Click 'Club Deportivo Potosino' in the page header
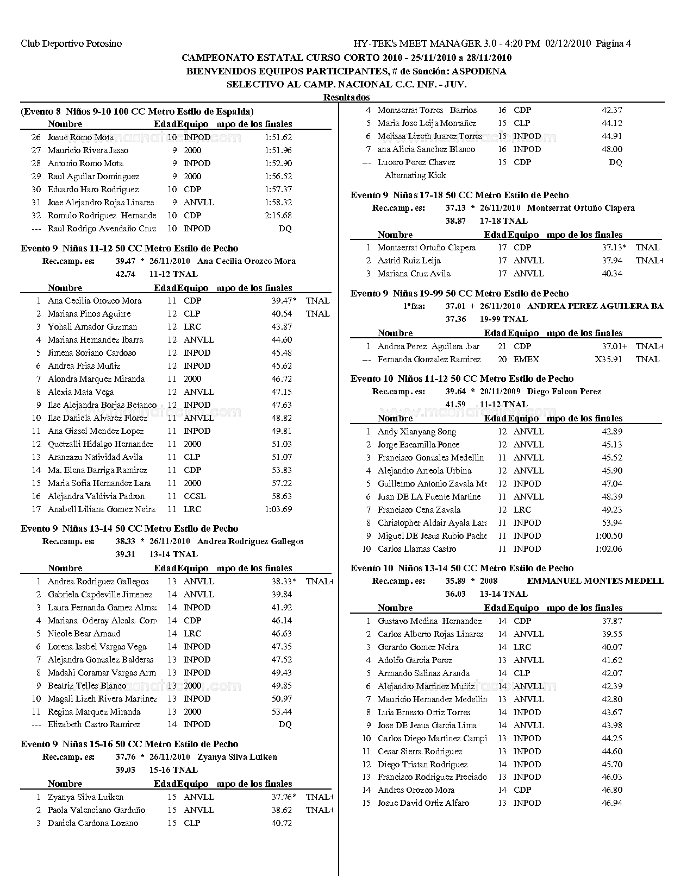(71, 43)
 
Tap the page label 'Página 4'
(614, 43)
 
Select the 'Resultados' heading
(346, 97)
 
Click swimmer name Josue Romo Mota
(80, 137)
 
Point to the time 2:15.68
(278, 216)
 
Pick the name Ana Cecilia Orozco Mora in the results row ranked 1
(95, 301)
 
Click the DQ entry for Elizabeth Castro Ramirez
(285, 724)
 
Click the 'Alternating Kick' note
(415, 175)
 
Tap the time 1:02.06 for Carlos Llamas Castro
(608, 549)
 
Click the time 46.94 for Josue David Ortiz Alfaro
(612, 803)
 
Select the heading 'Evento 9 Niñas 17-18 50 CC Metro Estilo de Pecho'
(459, 195)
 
